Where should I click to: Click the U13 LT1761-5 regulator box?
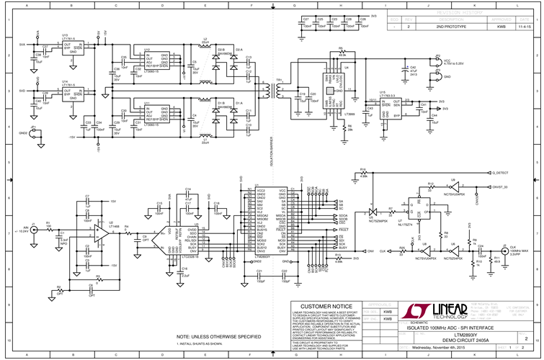[69, 48]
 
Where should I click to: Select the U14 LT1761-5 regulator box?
[69, 94]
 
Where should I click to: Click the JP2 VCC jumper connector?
[437, 60]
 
